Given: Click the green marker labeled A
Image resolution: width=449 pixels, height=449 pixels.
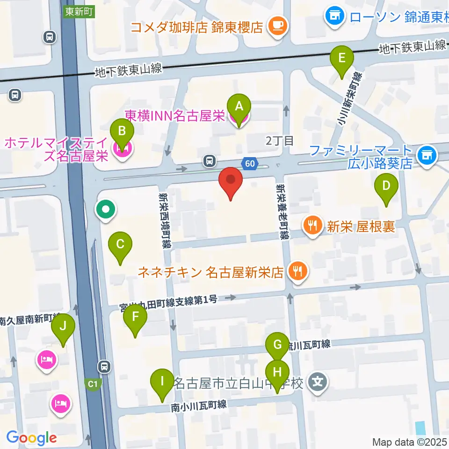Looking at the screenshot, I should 239,107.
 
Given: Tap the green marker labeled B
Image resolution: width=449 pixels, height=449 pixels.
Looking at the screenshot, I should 122,131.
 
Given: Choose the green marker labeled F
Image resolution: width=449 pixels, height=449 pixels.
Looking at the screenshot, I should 135,318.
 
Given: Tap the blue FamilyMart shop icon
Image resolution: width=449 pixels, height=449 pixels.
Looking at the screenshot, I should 426,153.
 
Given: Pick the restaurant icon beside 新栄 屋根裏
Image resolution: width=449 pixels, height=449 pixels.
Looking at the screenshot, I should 312,226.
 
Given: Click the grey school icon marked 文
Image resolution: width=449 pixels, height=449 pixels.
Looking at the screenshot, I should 318,384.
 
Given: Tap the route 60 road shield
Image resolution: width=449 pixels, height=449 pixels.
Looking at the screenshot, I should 250,163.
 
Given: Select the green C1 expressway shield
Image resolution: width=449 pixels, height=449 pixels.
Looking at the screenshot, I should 94,384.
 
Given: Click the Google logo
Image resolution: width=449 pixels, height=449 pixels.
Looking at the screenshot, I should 31,438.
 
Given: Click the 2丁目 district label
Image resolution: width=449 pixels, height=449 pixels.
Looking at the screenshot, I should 280,141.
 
